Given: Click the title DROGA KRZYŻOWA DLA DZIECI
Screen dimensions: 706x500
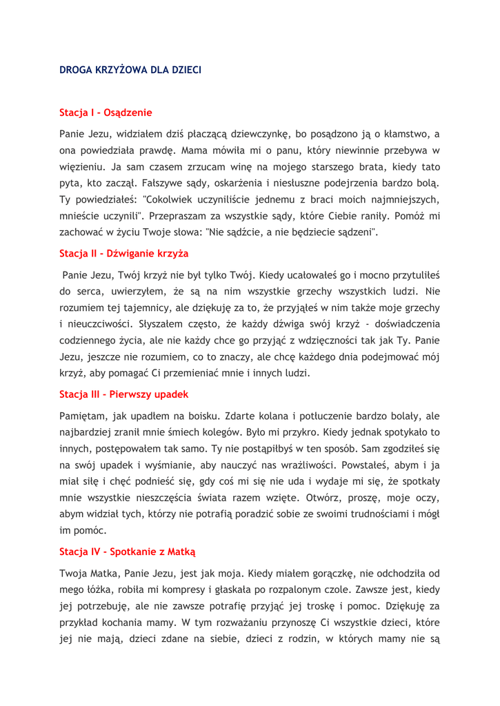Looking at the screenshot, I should pos(130,70).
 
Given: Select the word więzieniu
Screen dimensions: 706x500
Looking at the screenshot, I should pos(84,168).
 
